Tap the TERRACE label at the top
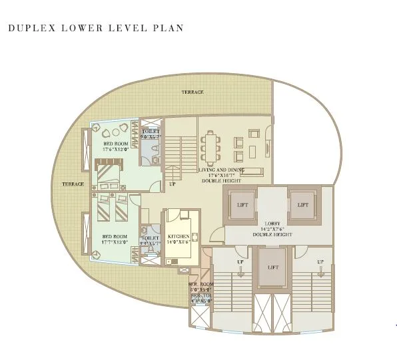(193, 92)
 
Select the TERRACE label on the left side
(73, 184)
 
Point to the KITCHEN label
(179, 236)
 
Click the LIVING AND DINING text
(221, 170)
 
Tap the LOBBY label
(273, 224)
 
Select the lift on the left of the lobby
(242, 205)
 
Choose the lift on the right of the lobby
(304, 205)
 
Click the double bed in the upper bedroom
(108, 178)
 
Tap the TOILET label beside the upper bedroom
(150, 132)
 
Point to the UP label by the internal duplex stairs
(172, 184)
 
